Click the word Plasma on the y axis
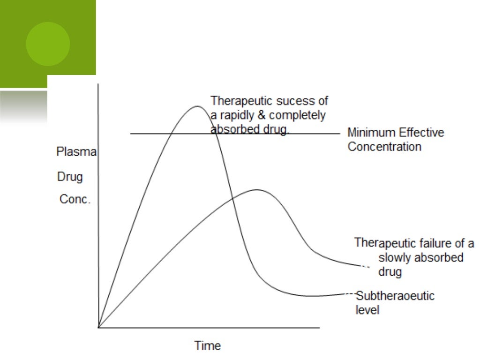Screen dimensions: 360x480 pos(76,152)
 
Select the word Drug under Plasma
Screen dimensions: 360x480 pos(70,177)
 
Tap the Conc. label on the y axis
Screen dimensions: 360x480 pos(75,199)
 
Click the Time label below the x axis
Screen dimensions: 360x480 pos(208,346)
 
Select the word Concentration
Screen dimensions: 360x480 pos(384,147)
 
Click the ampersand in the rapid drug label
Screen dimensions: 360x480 pos(259,115)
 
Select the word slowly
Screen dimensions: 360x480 pos(393,257)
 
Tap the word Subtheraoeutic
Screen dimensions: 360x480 pos(395,296)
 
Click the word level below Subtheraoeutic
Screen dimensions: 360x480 pos(367,310)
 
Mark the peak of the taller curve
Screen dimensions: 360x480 pos(197,106)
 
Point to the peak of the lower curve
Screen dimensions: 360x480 pos(257,190)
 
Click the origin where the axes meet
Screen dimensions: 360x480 pos(98,327)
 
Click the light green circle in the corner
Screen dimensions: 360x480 pos(48,44)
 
